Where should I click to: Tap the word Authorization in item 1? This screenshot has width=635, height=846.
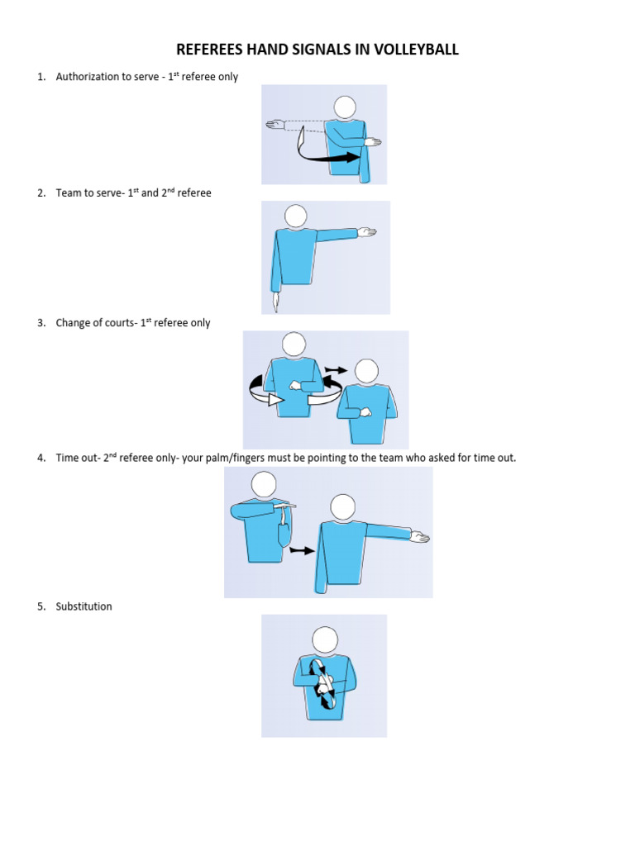click(87, 77)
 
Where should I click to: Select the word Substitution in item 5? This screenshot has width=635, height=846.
click(84, 606)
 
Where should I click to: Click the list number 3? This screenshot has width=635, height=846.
click(41, 323)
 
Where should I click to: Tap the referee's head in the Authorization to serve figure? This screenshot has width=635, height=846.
click(345, 107)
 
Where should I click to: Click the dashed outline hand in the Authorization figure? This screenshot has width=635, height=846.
click(275, 125)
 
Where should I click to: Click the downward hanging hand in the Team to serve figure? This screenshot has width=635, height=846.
click(275, 299)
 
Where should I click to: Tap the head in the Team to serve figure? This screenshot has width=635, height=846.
click(295, 216)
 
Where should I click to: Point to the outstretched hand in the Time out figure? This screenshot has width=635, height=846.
click(420, 539)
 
